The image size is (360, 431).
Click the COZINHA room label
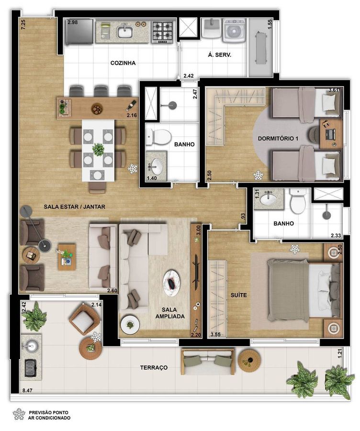click(123, 63)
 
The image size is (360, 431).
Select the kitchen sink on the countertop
click(125, 31)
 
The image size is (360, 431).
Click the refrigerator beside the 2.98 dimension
click(79, 31)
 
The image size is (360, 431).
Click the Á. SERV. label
click(219, 55)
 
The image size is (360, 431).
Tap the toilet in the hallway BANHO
click(158, 136)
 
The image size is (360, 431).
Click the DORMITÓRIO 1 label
click(278, 138)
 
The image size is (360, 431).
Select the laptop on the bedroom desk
click(330, 134)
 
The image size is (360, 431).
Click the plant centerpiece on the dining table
click(98, 150)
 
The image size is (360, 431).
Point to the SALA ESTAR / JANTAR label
click(75, 206)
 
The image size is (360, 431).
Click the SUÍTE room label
click(238, 295)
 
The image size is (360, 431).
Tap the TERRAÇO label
click(154, 367)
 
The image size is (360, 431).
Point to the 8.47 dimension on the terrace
click(27, 390)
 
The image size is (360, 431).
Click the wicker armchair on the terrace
click(85, 319)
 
